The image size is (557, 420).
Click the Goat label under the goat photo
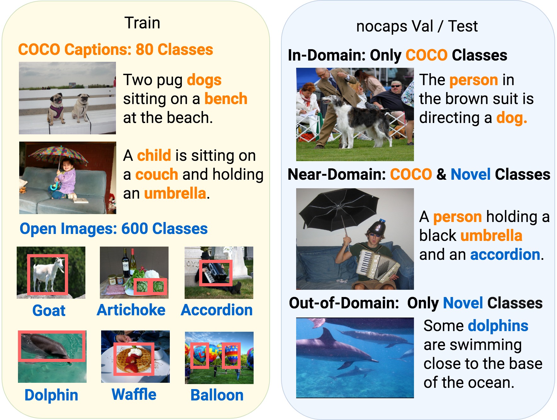click(49, 310)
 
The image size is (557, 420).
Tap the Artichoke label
click(131, 310)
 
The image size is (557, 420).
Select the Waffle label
click(134, 394)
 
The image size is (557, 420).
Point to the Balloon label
click(217, 395)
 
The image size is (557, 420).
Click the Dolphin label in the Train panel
click(51, 395)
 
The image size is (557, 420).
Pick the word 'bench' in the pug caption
click(226, 98)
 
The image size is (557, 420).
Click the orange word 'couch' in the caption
click(157, 174)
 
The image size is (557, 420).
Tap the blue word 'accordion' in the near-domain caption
click(505, 254)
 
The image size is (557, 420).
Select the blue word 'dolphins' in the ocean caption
click(498, 325)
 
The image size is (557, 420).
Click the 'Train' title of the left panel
click(142, 23)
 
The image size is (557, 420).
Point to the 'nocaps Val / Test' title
click(417, 26)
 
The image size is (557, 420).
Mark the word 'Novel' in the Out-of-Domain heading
click(463, 303)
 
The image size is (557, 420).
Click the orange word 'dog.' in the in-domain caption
click(512, 118)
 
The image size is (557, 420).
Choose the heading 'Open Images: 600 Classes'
click(114, 228)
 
